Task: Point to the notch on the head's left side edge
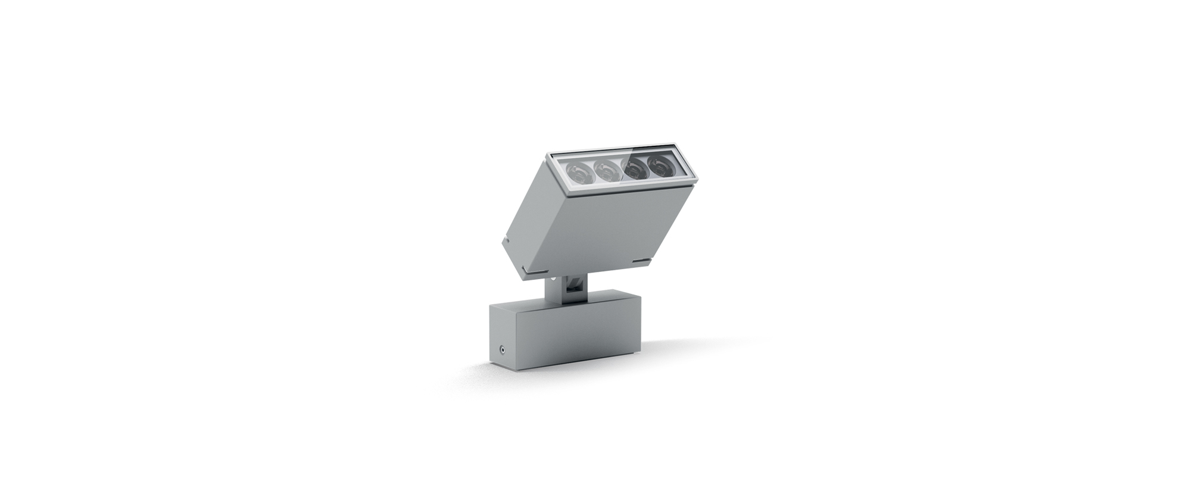pyautogui.click(x=504, y=240)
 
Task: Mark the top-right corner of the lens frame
pyautogui.click(x=677, y=143)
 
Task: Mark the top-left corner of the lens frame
pyautogui.click(x=548, y=155)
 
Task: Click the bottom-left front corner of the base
pyautogui.click(x=491, y=359)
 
